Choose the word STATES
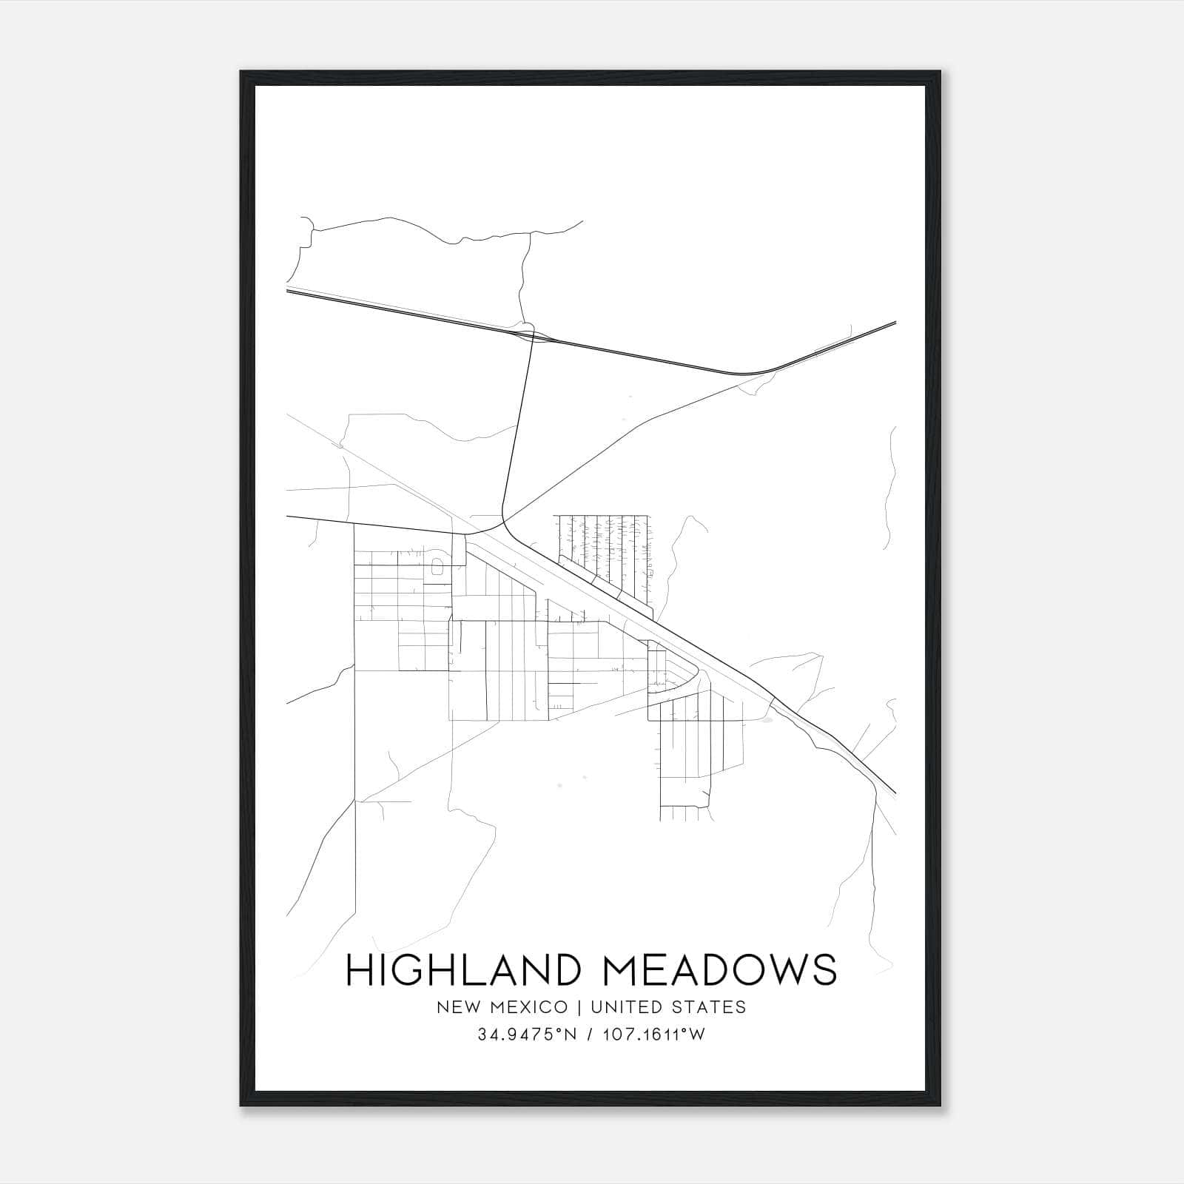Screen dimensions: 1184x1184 click(710, 1006)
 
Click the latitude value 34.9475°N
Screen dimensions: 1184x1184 click(526, 1035)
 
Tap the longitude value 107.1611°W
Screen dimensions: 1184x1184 click(651, 1035)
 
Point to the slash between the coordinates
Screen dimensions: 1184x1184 click(590, 1035)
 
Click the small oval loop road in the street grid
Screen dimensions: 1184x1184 click(437, 568)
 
